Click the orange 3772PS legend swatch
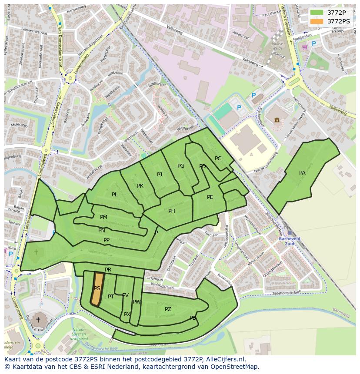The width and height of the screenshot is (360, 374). click(x=317, y=21)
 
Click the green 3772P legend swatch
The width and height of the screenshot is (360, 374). click(x=317, y=13)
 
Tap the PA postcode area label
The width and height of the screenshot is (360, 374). click(x=302, y=173)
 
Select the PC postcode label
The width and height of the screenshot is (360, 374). click(x=218, y=159)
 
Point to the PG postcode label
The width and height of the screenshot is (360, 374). click(x=181, y=166)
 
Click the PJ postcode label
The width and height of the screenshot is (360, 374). click(x=160, y=175)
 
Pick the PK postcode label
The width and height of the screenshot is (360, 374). click(x=140, y=186)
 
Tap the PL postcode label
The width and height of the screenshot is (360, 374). click(x=114, y=195)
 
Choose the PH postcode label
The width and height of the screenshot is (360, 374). click(x=172, y=211)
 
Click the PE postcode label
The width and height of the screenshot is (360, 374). click(x=210, y=197)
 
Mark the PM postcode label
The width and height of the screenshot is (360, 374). click(x=103, y=217)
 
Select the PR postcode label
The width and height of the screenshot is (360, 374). click(x=108, y=270)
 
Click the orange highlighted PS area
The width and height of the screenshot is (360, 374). click(x=97, y=288)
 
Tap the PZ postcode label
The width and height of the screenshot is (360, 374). click(x=168, y=309)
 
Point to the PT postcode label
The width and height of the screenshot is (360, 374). click(x=111, y=297)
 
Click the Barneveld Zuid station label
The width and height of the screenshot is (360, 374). click(x=290, y=241)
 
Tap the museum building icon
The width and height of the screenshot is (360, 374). click(x=277, y=120)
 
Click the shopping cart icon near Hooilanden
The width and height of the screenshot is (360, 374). click(x=305, y=47)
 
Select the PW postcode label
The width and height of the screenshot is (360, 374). click(x=137, y=302)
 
